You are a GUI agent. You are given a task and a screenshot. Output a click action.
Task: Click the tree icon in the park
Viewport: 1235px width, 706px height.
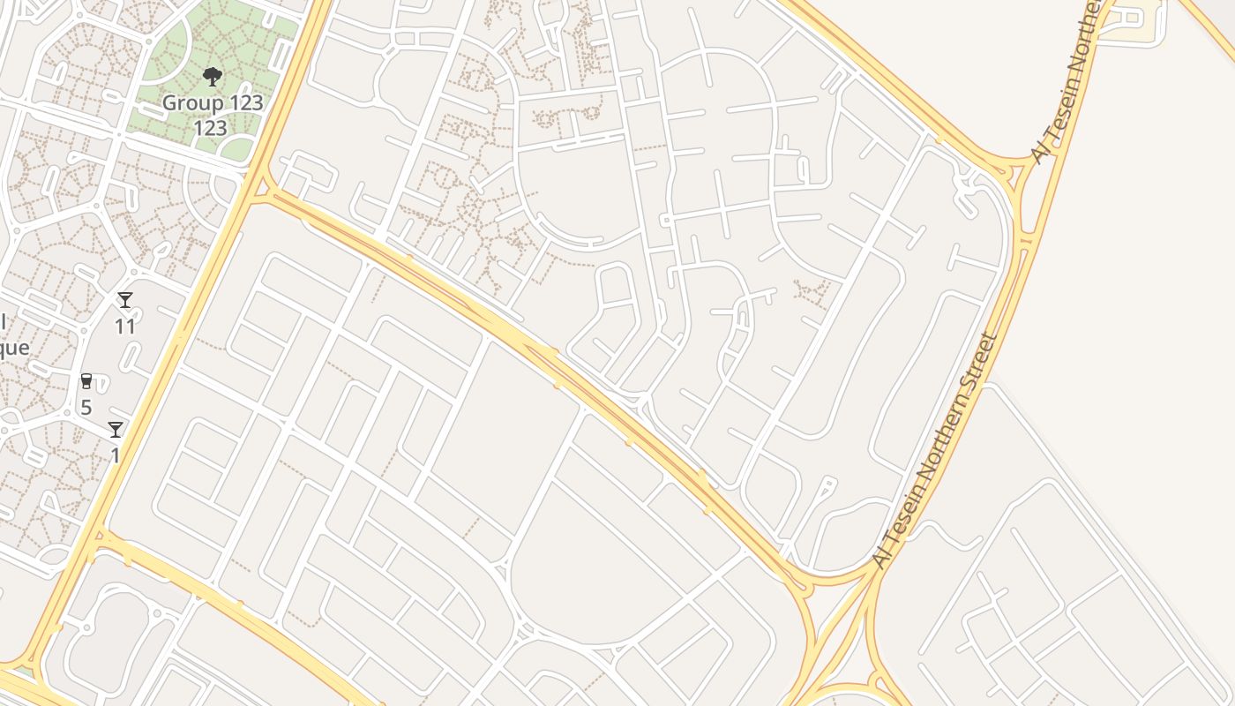click(x=212, y=77)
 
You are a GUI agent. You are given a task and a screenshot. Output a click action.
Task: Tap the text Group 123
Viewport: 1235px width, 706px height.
click(x=212, y=103)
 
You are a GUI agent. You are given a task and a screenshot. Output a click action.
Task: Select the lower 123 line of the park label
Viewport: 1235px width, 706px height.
click(x=211, y=129)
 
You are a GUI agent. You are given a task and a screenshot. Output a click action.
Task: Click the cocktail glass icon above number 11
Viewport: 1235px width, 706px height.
click(x=125, y=301)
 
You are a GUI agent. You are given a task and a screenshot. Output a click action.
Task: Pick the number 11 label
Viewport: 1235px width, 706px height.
click(x=125, y=327)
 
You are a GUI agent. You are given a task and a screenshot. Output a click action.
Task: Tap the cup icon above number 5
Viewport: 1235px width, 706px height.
click(x=86, y=382)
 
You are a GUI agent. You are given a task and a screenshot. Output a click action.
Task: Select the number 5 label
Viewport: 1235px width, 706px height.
click(x=86, y=408)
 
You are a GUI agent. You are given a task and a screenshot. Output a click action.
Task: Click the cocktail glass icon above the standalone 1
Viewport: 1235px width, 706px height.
click(x=116, y=430)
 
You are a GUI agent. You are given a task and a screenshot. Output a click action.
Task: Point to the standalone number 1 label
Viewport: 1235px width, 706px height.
click(x=115, y=455)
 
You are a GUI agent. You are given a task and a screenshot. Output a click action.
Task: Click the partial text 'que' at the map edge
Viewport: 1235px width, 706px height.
click(x=14, y=348)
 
